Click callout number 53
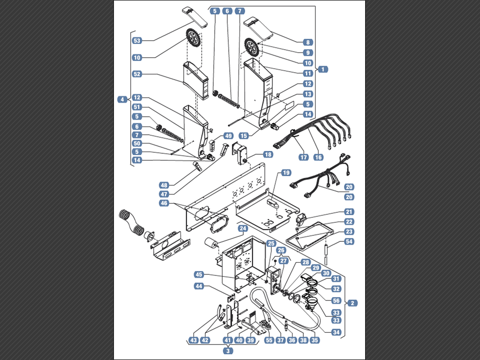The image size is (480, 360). [137, 41]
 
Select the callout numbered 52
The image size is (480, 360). [137, 74]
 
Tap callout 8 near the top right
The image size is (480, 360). [307, 42]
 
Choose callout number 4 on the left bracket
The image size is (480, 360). [122, 99]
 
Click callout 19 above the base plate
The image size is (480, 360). [286, 173]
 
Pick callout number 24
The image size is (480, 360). [243, 229]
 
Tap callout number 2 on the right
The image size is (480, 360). [352, 303]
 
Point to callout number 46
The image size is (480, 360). [164, 203]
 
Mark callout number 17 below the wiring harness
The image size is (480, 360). [304, 157]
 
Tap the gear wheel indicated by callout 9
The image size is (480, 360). [251, 47]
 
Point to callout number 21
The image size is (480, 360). [350, 212]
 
